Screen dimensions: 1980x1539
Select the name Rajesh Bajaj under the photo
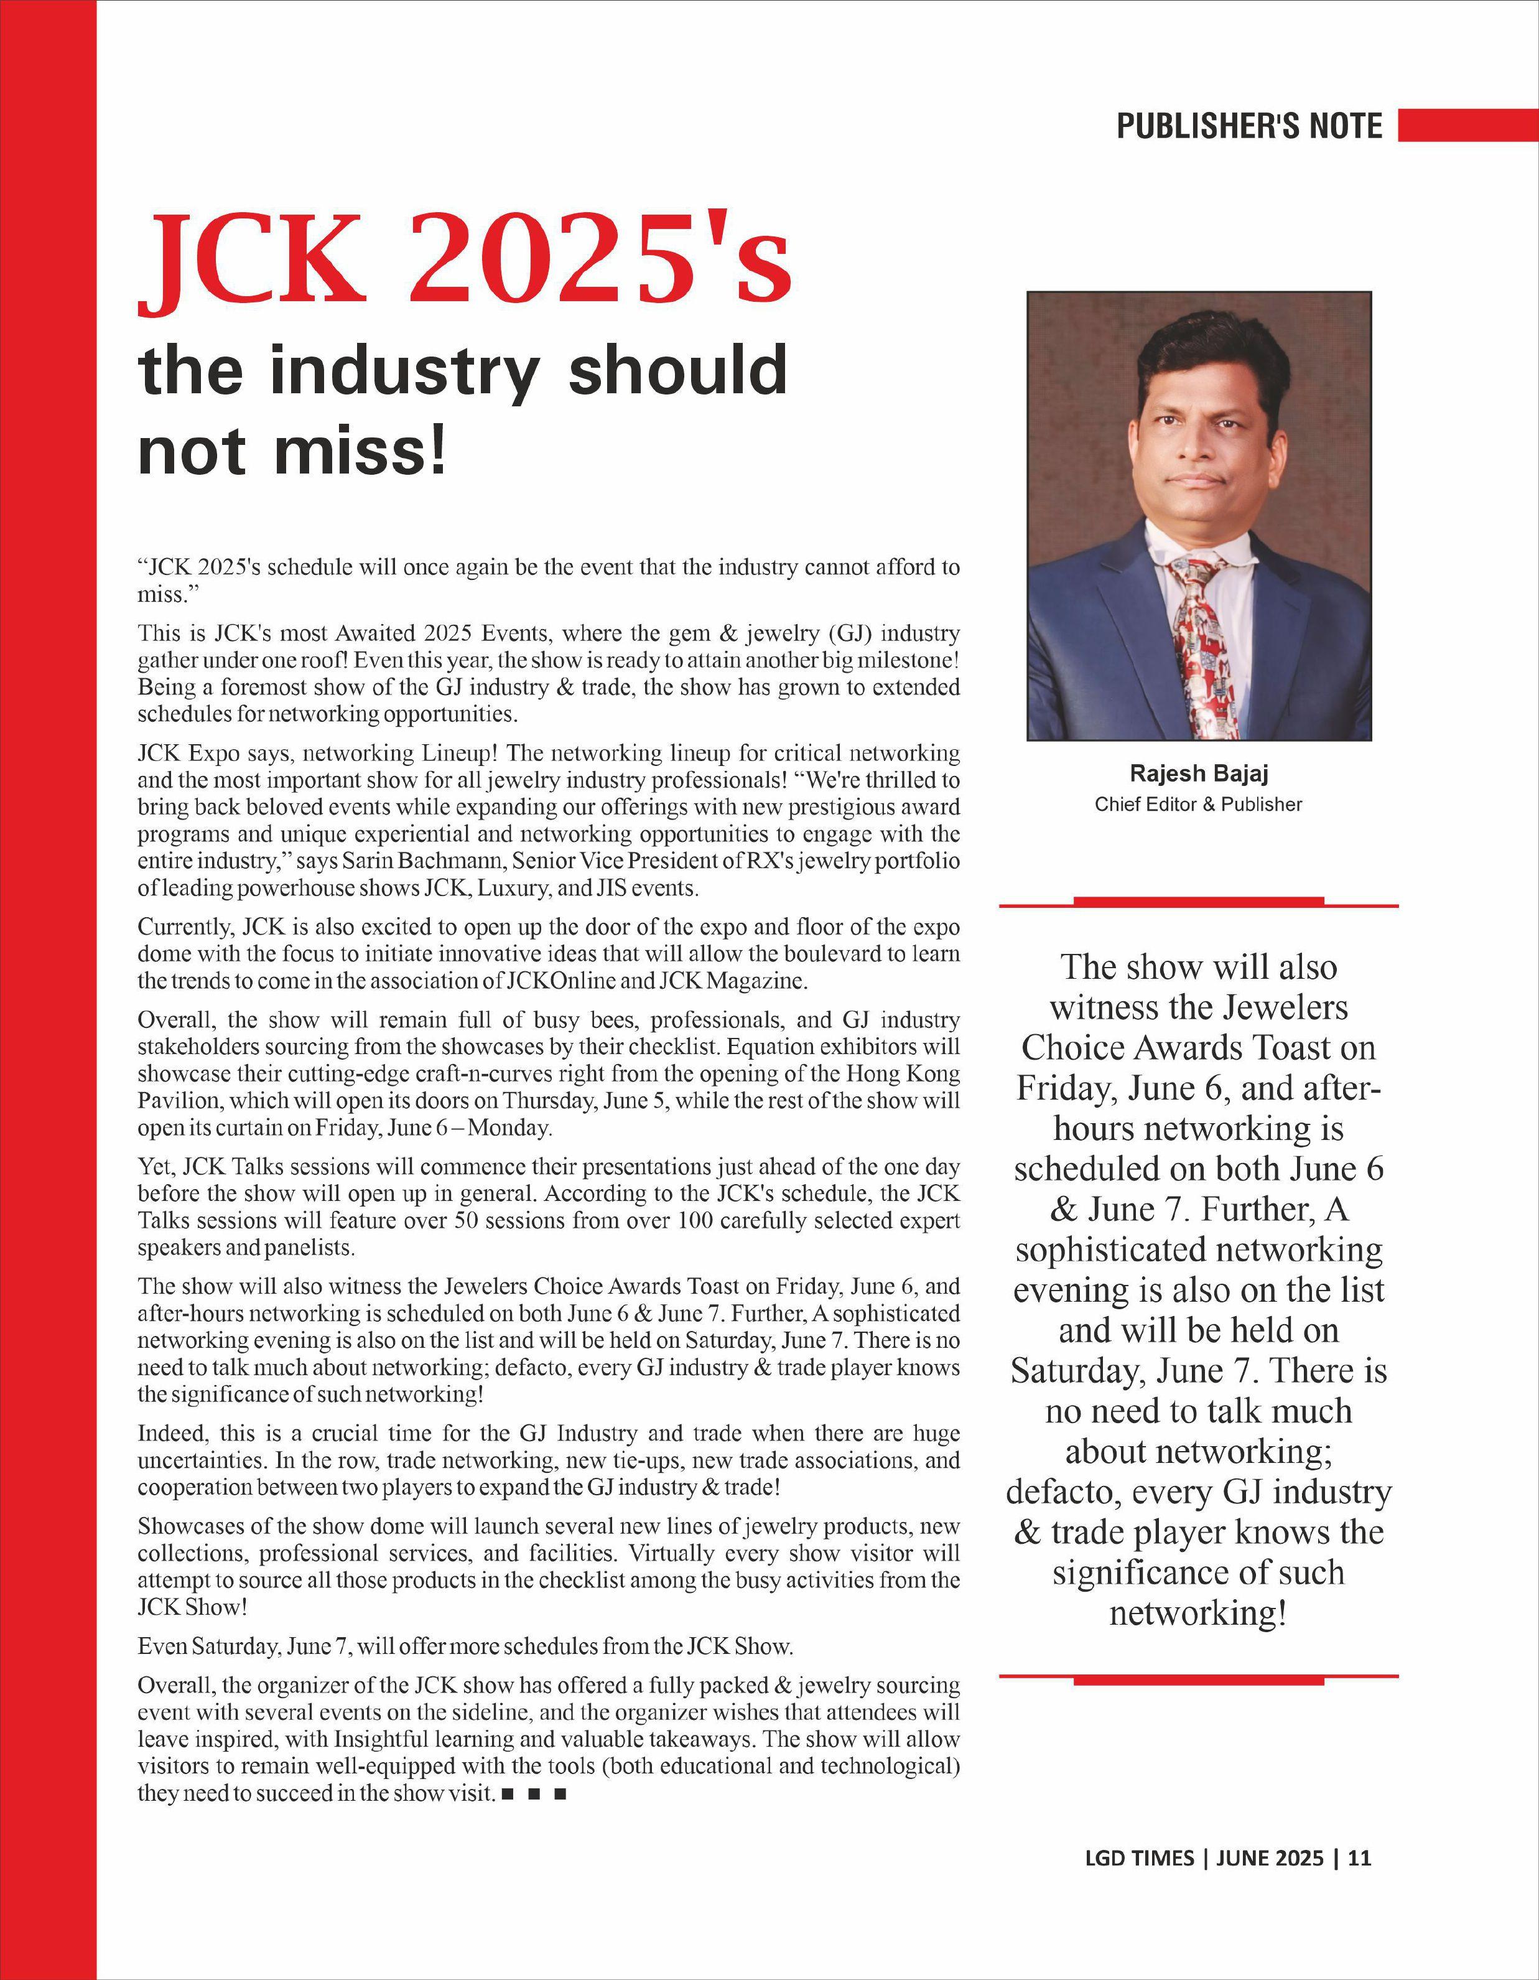(1198, 773)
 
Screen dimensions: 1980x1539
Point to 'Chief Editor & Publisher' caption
(1198, 804)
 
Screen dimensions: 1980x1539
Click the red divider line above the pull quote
(1198, 902)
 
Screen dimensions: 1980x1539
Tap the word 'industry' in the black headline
(404, 371)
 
